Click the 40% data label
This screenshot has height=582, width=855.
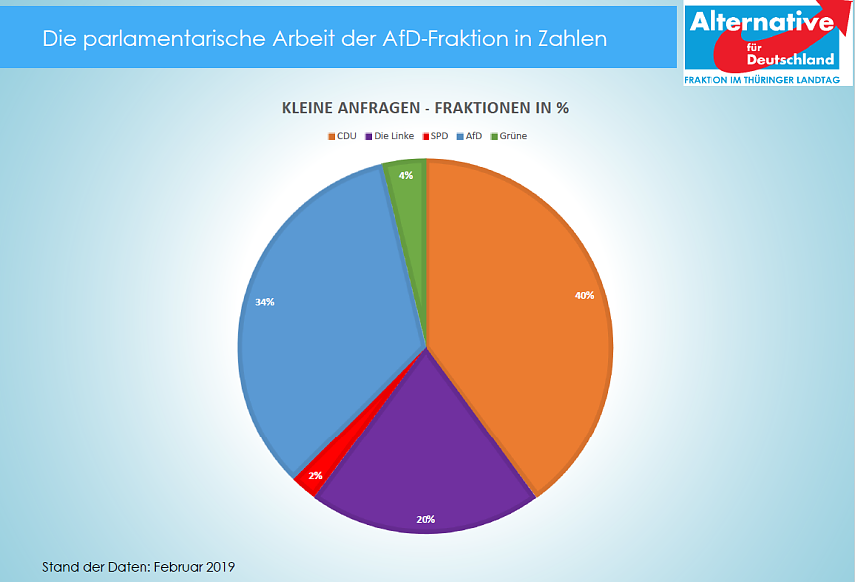pos(584,295)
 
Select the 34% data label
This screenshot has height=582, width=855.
pos(265,301)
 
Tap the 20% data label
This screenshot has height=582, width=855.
pos(426,519)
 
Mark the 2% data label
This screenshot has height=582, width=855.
pos(315,476)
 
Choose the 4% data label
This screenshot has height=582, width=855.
pos(406,175)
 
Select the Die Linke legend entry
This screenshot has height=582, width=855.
pos(390,136)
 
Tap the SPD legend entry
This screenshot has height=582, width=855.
pos(435,136)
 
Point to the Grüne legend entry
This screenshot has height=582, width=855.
pos(510,136)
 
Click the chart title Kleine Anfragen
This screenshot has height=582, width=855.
pos(426,108)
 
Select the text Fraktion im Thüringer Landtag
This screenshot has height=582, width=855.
pos(762,79)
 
